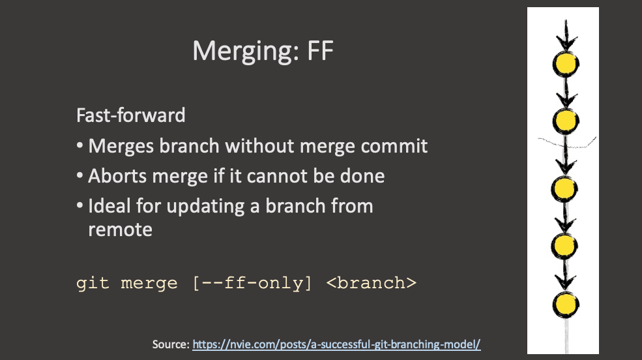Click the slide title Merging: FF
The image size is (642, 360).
coord(263,51)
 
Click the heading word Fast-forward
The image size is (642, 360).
coord(131,115)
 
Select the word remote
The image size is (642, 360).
coord(120,230)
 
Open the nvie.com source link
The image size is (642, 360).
coord(336,343)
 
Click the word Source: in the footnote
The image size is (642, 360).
coord(171,343)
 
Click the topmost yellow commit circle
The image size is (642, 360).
coord(566,63)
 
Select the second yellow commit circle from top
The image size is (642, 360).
coord(566,119)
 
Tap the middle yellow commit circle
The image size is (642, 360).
coord(564,189)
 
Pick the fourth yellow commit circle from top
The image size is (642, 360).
coord(564,245)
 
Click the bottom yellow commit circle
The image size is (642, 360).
coord(564,303)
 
